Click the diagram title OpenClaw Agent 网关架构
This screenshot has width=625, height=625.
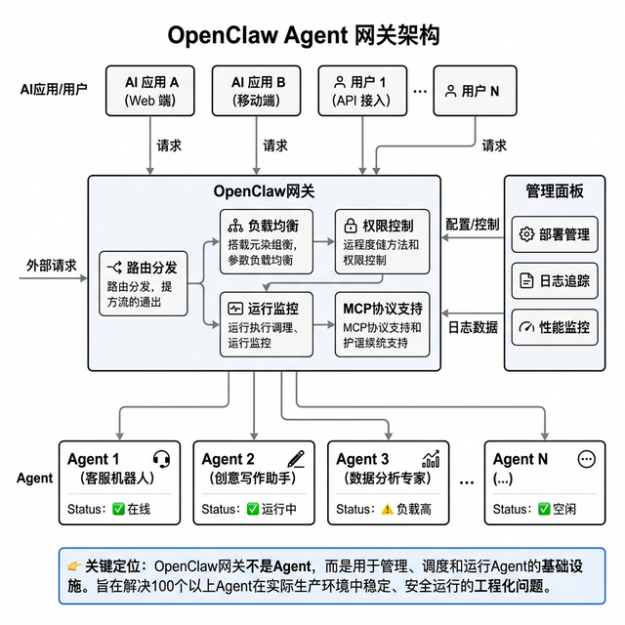[x=304, y=35]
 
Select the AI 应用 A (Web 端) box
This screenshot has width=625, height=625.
[x=151, y=91]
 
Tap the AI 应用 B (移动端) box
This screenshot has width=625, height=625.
[x=259, y=91]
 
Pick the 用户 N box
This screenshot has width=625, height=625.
[x=472, y=92]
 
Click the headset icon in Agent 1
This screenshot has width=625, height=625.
[x=162, y=458]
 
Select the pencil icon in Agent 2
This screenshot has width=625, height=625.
[x=296, y=458]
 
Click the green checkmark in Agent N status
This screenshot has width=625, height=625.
[x=544, y=509]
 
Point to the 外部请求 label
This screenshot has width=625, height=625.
[x=52, y=265]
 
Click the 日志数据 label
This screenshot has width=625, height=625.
[x=473, y=327]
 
